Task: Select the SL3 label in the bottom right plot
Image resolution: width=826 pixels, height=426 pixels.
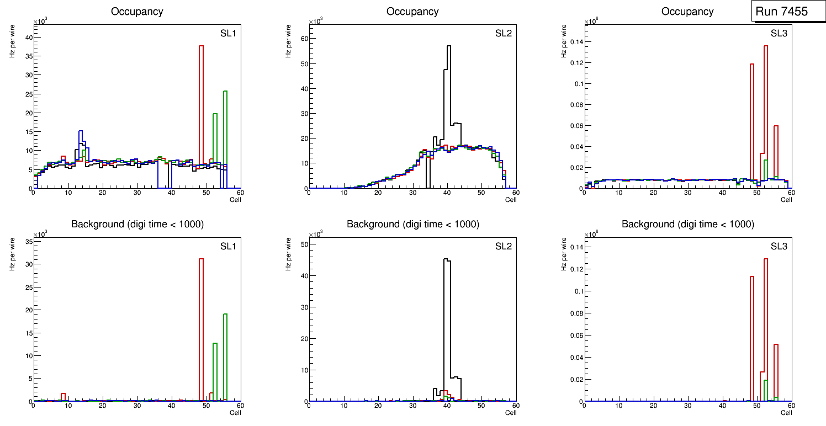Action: [x=779, y=246]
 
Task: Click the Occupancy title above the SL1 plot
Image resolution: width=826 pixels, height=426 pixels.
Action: [x=137, y=12]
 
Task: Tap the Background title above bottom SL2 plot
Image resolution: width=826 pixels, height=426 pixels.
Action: [x=412, y=224]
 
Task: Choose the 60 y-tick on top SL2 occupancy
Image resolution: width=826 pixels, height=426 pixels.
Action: [x=301, y=38]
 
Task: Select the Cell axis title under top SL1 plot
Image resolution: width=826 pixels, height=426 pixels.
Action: [x=235, y=199]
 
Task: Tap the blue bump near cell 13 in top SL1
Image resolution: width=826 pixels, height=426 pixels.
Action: [x=81, y=132]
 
